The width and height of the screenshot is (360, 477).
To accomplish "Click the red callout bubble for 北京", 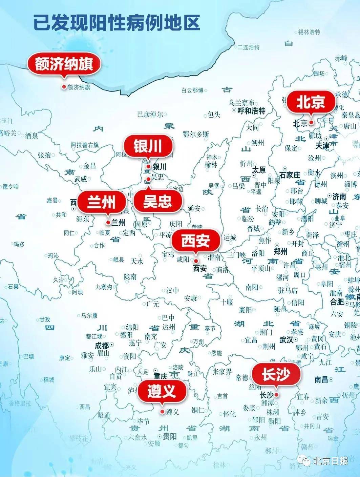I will pyautogui.click(x=311, y=102).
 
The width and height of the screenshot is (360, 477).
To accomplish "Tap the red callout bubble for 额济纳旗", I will pyautogui.click(x=64, y=64).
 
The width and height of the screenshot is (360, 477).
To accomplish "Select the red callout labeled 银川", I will pyautogui.click(x=148, y=147).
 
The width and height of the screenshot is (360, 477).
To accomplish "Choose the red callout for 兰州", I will pyautogui.click(x=101, y=202).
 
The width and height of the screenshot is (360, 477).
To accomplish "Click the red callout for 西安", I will pyautogui.click(x=196, y=241).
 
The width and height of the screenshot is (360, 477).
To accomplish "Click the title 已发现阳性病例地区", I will pyautogui.click(x=117, y=22).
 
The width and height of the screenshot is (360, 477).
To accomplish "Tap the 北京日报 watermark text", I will pyautogui.click(x=330, y=461).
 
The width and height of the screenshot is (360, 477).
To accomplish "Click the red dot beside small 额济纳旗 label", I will pyautogui.click(x=64, y=87).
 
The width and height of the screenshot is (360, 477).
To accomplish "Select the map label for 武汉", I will pyautogui.click(x=286, y=339).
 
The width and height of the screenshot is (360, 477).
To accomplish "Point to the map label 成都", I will pyautogui.click(x=102, y=346).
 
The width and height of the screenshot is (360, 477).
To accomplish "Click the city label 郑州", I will pyautogui.click(x=281, y=251).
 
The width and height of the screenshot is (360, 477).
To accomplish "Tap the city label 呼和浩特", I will pyautogui.click(x=251, y=110).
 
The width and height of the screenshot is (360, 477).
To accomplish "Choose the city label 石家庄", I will pyautogui.click(x=290, y=175).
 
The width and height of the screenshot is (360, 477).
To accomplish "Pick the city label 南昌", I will pyautogui.click(x=321, y=379).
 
